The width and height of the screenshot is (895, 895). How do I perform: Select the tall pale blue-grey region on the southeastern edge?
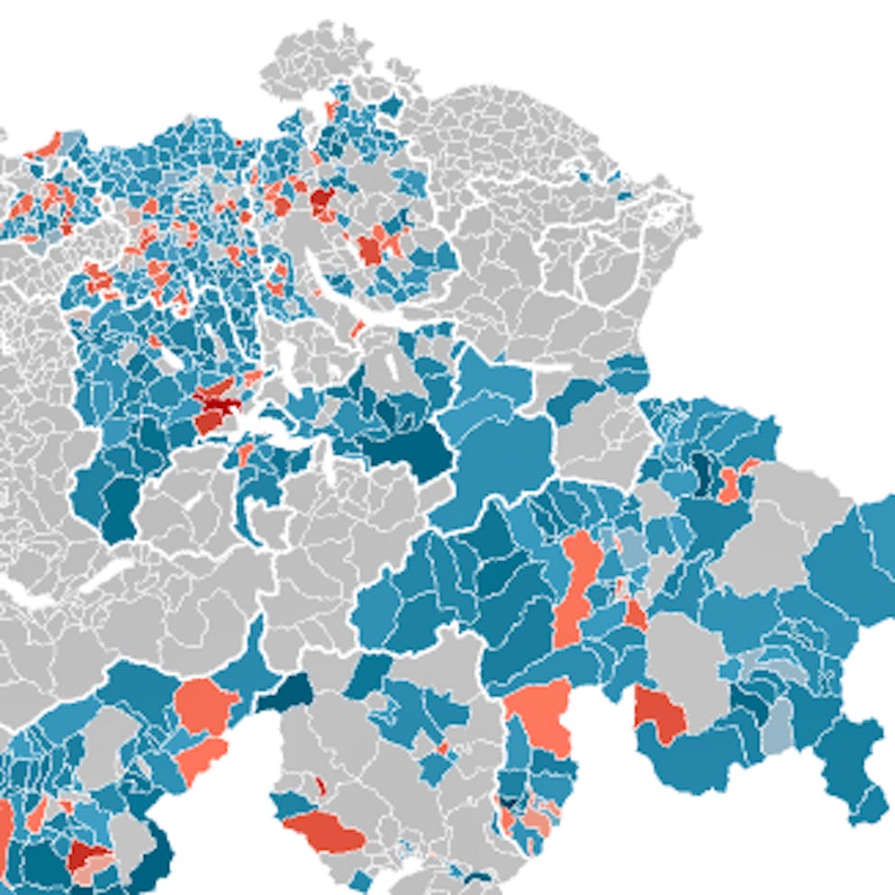click(775, 726)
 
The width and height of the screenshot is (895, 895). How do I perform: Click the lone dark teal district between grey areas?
click(285, 694)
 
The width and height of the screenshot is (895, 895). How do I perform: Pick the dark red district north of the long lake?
click(321, 201)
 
